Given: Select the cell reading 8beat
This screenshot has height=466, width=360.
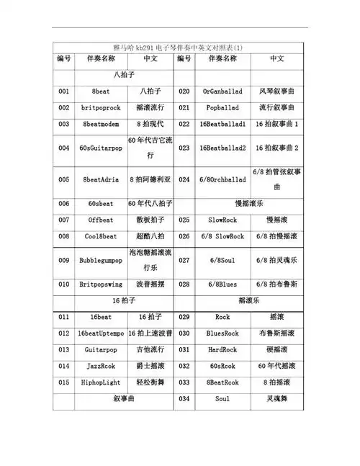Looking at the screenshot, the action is point(100,92).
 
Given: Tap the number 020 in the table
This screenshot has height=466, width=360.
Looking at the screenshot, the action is point(184,92).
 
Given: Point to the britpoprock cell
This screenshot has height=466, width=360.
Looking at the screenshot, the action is point(100,108).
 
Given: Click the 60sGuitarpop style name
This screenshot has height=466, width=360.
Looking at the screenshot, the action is point(100,148).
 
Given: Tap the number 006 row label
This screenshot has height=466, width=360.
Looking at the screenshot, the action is point(64,204).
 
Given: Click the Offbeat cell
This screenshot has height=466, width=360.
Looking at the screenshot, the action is point(100,220).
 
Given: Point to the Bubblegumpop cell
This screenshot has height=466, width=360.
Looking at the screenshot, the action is point(100,260).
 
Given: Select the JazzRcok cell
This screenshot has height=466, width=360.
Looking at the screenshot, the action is point(100,366).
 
